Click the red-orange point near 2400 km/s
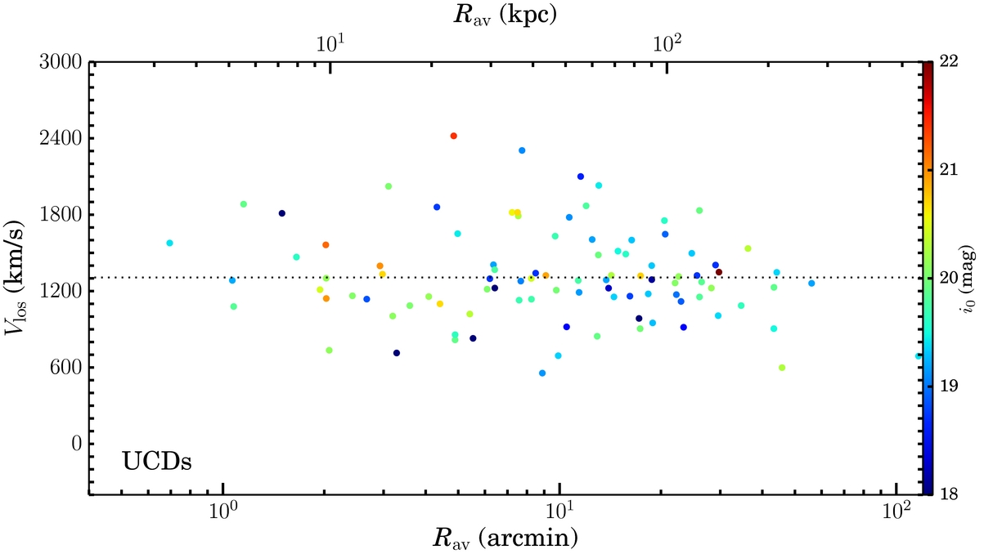click(x=454, y=136)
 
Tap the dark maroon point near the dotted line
click(x=719, y=272)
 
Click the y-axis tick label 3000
click(x=61, y=62)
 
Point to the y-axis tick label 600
click(x=66, y=368)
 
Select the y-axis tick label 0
click(x=77, y=444)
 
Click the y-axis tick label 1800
click(x=61, y=215)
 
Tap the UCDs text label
click(x=157, y=462)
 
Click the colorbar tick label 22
click(x=949, y=61)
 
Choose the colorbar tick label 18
click(x=949, y=494)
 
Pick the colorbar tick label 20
click(x=949, y=278)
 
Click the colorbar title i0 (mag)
click(x=968, y=282)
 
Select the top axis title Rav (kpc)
click(x=505, y=15)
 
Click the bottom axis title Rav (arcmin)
click(x=505, y=538)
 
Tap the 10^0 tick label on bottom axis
click(x=223, y=511)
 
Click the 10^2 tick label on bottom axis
click(x=896, y=511)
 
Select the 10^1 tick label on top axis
click(x=330, y=44)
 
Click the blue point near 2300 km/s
click(x=522, y=150)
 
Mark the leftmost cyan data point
click(x=169, y=243)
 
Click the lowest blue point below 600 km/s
click(x=542, y=373)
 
